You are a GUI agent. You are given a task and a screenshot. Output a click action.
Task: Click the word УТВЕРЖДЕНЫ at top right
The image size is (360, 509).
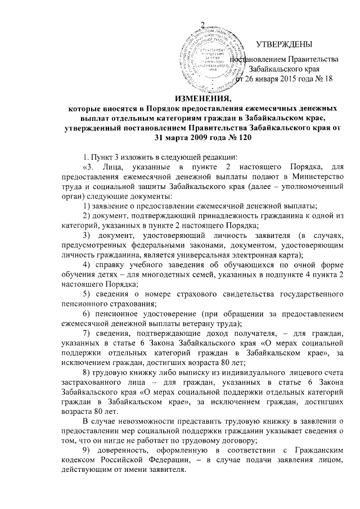pyautogui.click(x=284, y=44)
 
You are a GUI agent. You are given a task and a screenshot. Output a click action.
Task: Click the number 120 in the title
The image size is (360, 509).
pyautogui.click(x=235, y=138)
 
